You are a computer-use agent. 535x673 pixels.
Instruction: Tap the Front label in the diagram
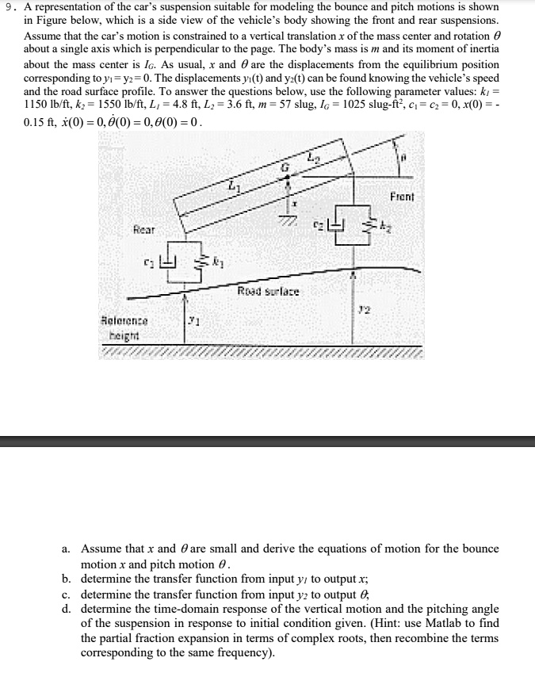402,196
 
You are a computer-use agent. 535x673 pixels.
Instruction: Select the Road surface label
264,291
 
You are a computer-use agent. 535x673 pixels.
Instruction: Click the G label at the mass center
288,167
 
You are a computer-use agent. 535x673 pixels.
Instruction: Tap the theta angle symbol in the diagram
403,157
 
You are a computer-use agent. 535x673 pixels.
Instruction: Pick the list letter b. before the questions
66,578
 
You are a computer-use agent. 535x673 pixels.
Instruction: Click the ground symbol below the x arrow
289,220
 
